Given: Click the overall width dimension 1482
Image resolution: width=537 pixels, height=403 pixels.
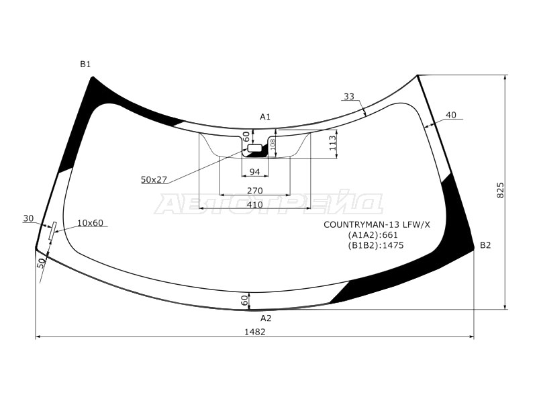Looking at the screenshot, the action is [255, 332].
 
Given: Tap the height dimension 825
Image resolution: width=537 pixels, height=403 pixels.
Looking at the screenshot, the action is [500, 190].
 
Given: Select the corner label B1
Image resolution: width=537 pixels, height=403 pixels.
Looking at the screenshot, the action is [85, 64].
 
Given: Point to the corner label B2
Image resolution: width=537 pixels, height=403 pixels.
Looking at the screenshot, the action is [485, 245].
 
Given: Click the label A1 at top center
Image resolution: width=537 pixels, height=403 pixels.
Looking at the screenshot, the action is [265, 117].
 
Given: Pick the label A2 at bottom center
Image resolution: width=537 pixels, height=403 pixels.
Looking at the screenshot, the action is [266, 318].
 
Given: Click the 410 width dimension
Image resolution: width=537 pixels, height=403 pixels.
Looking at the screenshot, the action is [255, 205].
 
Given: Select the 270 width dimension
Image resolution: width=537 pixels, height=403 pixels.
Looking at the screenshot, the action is [255, 191].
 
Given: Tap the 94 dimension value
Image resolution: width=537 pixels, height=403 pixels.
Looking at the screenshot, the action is [254, 172].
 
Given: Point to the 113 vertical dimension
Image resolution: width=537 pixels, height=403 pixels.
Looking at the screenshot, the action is [332, 144].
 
